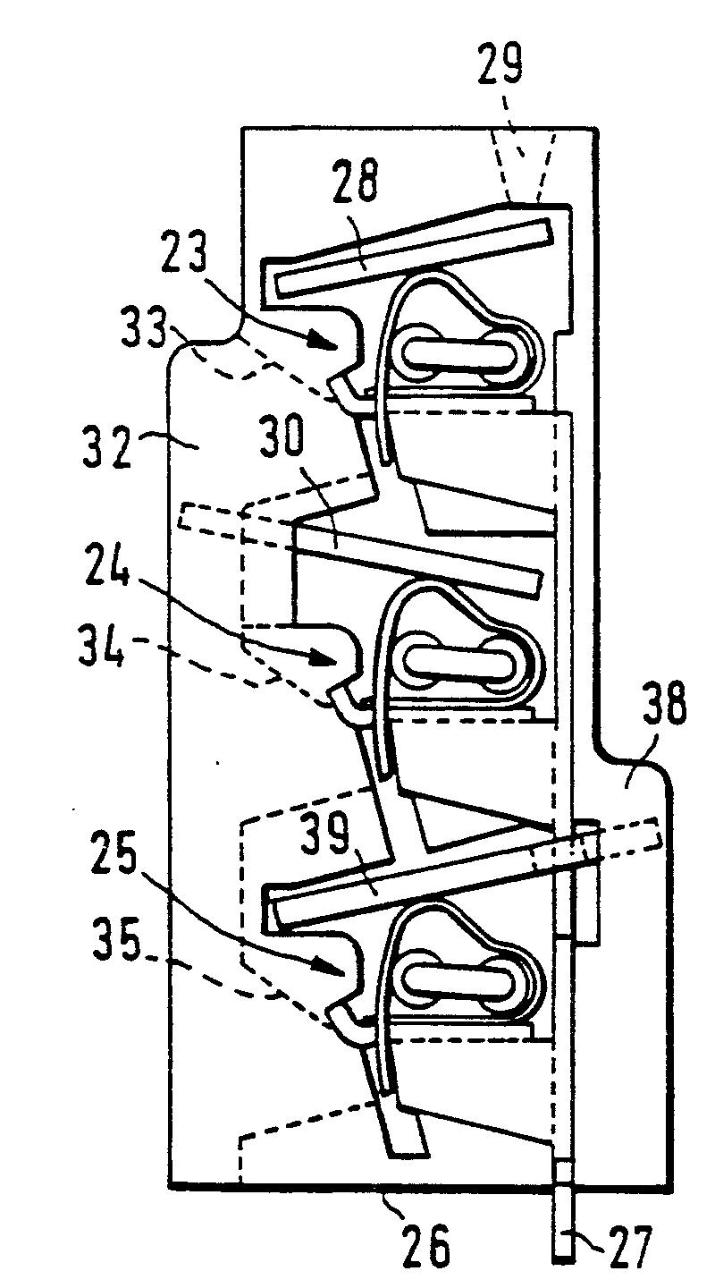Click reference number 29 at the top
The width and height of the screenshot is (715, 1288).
(500, 65)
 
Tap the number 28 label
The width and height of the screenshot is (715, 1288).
(355, 181)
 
